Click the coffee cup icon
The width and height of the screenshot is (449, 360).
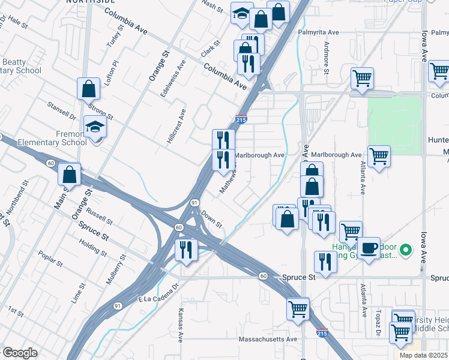tap(370, 247)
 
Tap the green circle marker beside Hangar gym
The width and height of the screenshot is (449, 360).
tap(406, 250)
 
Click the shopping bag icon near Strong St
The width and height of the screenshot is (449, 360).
tap(88, 89)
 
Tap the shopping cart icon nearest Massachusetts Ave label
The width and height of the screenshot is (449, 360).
tap(298, 310)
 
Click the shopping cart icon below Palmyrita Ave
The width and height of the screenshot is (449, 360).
tap(362, 78)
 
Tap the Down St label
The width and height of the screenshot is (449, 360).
tap(212, 219)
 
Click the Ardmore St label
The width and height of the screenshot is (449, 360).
tap(327, 58)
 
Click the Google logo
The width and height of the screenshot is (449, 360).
tap(20, 352)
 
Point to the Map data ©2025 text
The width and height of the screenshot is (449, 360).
tap(424, 355)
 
